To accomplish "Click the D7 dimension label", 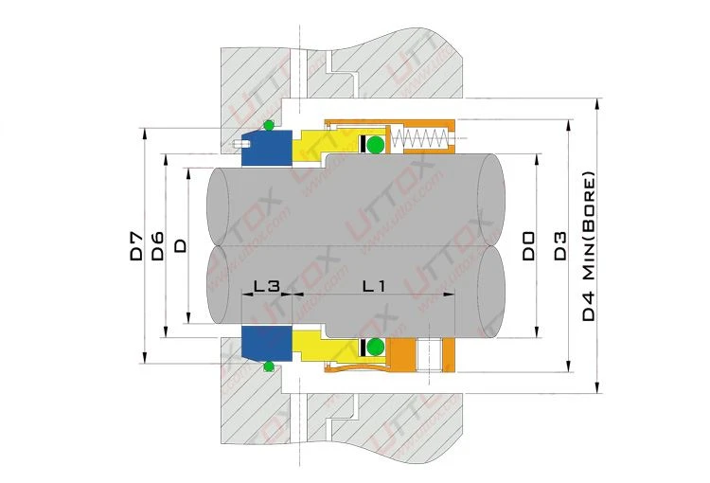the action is tap(136, 246).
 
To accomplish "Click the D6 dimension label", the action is tap(157, 246).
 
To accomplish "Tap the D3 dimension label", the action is tap(560, 246).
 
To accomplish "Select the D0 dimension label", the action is tap(528, 246).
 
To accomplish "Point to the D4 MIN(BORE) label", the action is tap(588, 246).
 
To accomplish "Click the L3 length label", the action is tap(267, 285).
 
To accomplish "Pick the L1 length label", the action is tap(374, 285).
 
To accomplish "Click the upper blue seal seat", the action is tap(267, 148).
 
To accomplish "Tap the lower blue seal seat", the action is tap(267, 344).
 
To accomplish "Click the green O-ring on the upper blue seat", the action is tap(269, 126).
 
